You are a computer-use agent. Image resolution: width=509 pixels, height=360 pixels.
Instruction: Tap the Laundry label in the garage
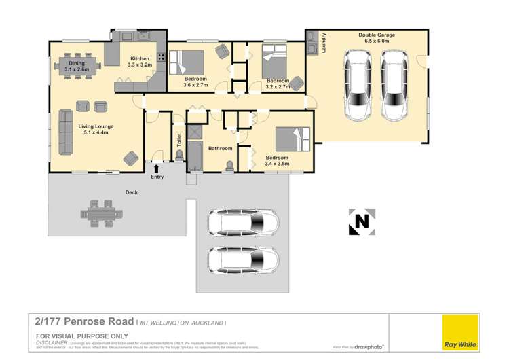point(325,44)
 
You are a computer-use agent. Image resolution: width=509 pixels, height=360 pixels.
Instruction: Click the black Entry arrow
point(157,168)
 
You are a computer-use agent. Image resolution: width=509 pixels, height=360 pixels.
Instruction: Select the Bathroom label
point(221,148)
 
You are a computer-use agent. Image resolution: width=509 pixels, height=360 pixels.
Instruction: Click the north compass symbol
point(362,221)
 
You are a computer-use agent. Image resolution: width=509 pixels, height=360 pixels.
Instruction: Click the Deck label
point(132,192)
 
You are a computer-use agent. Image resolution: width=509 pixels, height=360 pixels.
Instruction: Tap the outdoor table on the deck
point(105,214)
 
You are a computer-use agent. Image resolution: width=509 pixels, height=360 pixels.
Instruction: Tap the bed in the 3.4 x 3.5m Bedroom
point(293,139)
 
